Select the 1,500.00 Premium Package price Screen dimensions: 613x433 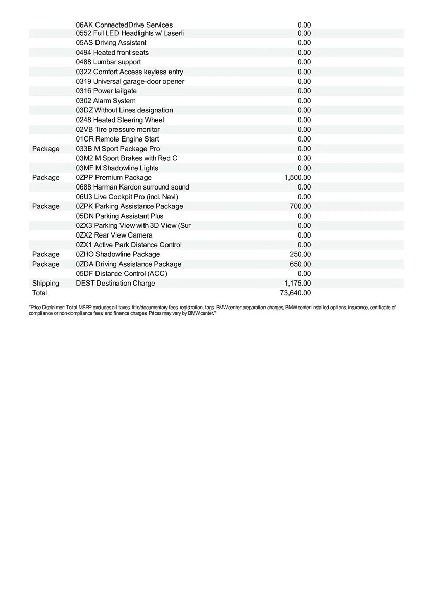(x=298, y=177)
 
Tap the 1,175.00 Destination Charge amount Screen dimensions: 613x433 (x=298, y=283)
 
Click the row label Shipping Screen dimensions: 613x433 (x=45, y=283)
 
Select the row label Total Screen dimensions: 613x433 (x=39, y=293)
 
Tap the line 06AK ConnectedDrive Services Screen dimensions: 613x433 (x=124, y=25)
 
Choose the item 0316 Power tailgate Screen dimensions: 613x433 (x=106, y=91)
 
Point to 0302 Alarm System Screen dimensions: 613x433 (x=106, y=101)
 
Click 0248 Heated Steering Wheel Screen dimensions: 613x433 (x=120, y=120)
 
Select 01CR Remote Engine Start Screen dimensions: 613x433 (x=117, y=139)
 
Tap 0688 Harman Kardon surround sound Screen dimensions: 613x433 (x=132, y=187)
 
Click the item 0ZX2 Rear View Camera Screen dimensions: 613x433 (x=114, y=235)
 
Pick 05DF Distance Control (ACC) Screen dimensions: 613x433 (x=122, y=273)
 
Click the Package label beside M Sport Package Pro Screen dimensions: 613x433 (x=45, y=149)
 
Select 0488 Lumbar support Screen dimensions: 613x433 (x=108, y=62)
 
